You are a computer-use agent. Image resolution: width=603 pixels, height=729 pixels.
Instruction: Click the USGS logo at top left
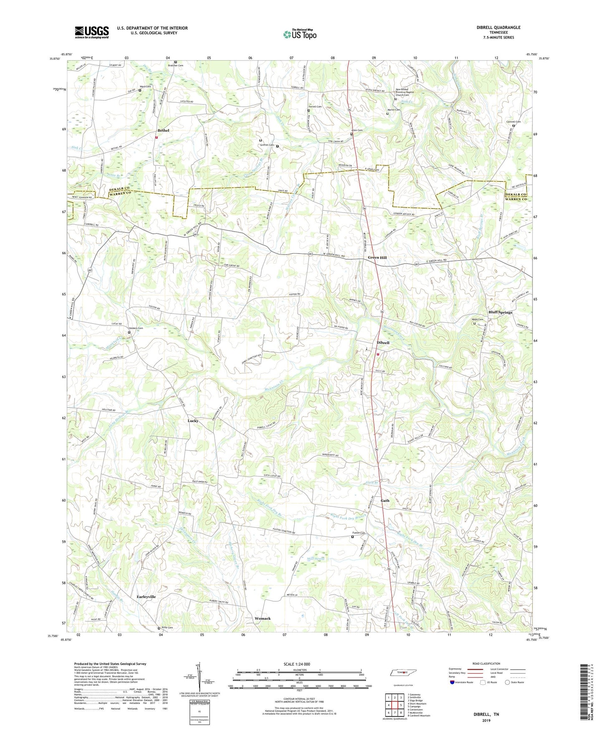coord(92,32)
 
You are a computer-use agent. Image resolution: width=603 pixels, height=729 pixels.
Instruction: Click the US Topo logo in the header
coord(300,34)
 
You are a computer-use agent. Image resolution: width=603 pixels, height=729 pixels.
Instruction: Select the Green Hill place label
coord(377,258)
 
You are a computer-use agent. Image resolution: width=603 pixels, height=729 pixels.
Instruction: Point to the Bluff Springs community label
coord(500,312)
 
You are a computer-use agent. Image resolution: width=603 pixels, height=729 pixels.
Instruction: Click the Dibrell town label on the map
coord(383,342)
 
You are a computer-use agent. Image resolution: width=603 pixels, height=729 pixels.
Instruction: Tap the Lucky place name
coord(193,421)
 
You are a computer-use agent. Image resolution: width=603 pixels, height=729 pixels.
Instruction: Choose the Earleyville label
coord(146,597)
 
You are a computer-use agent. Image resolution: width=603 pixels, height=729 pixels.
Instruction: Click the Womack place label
coord(262,618)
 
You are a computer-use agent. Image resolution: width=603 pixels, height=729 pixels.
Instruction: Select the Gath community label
coord(385,500)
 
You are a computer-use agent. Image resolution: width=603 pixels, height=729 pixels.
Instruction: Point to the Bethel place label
coord(163,130)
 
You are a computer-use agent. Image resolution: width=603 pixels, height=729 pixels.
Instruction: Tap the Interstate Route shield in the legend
coord(452,682)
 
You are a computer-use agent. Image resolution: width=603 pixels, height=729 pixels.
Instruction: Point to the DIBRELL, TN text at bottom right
coord(486,714)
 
